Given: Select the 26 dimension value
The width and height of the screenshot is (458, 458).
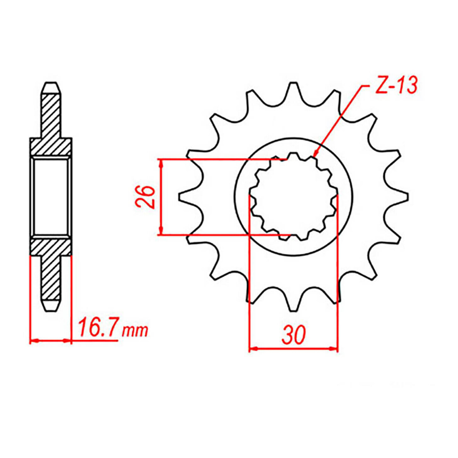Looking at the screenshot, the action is click(x=145, y=197).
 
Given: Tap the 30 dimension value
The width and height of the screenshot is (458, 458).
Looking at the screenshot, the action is click(x=294, y=335).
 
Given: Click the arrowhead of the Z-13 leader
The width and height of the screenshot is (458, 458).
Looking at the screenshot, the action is click(x=315, y=153).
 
